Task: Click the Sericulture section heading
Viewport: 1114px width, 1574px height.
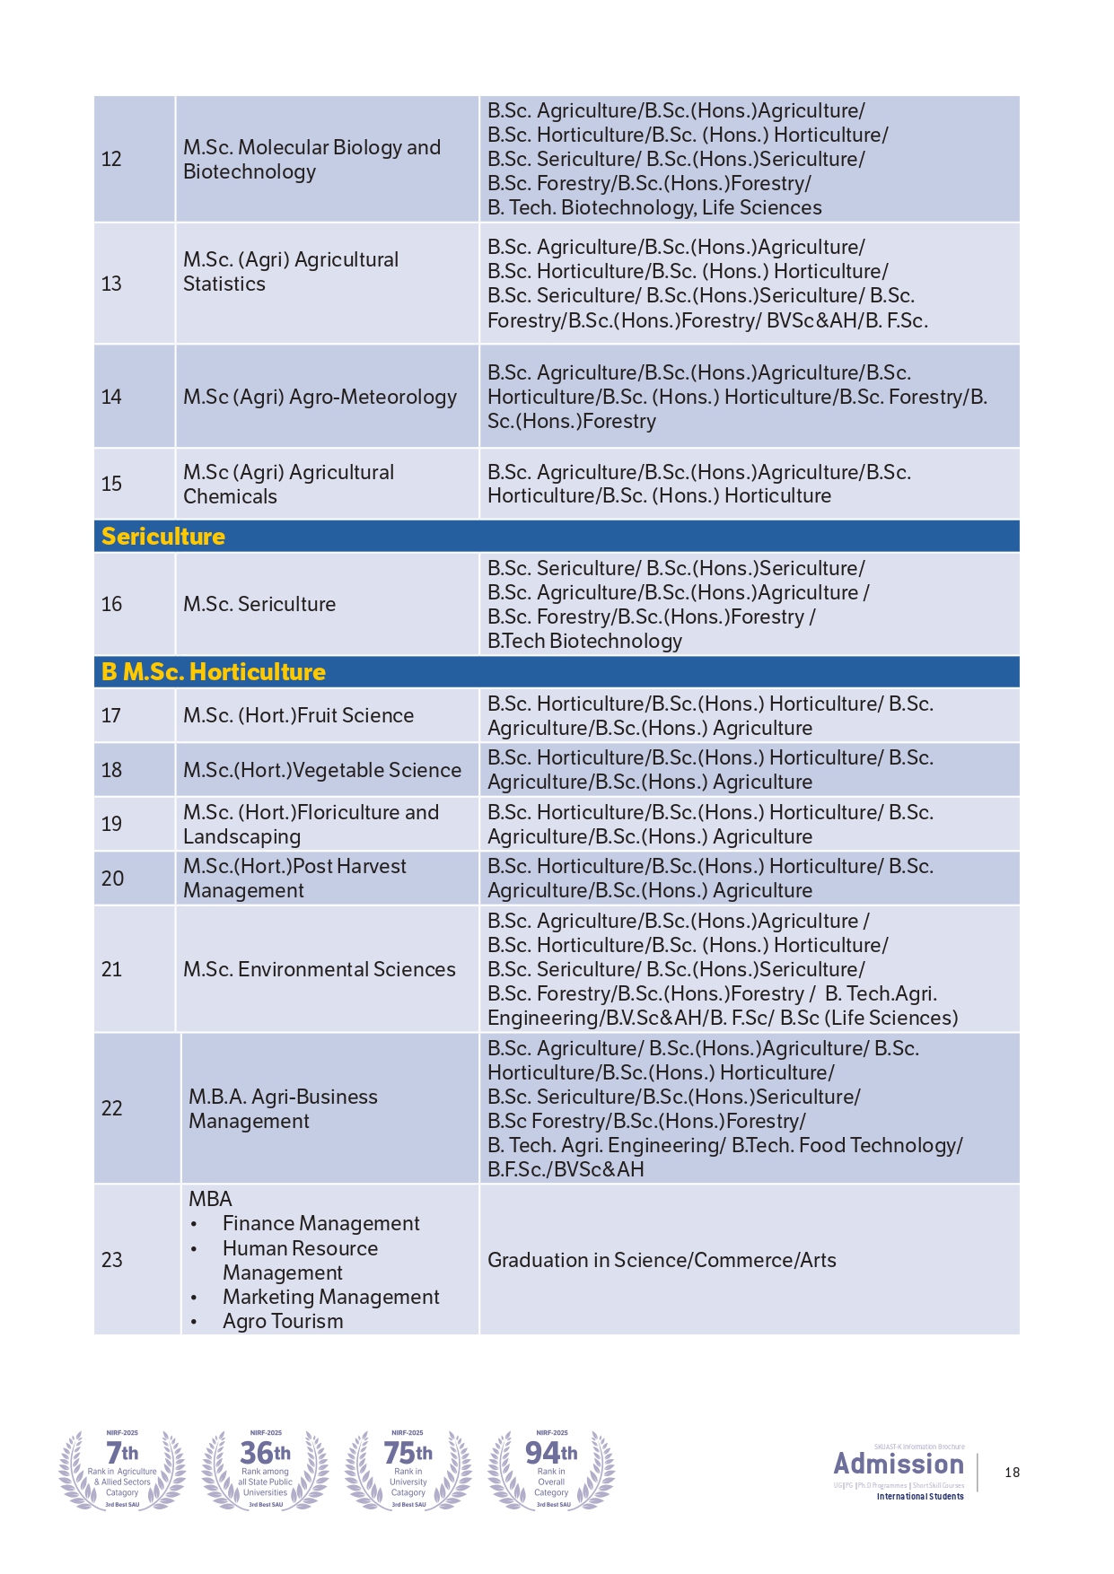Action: [x=163, y=537]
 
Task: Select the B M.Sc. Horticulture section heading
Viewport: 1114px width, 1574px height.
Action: [x=214, y=672]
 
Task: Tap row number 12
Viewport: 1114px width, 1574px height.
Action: [x=111, y=159]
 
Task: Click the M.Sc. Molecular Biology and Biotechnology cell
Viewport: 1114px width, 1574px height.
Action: [x=311, y=159]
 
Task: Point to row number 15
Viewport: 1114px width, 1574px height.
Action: [x=111, y=484]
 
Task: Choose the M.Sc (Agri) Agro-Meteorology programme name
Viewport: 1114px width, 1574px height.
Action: [x=320, y=397]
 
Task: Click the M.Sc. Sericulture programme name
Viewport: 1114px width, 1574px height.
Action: [x=259, y=604]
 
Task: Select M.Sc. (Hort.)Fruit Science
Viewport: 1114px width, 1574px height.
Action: [x=298, y=715]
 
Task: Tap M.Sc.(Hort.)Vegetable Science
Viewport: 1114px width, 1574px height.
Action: [x=322, y=770]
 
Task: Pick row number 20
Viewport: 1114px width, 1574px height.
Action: [x=112, y=879]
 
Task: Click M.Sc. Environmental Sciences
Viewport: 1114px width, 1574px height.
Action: [x=320, y=969]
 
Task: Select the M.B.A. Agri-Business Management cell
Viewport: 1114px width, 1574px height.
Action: [x=283, y=1108]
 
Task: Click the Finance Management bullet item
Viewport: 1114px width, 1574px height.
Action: [x=320, y=1223]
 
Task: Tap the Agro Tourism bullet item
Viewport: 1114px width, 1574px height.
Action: [x=283, y=1321]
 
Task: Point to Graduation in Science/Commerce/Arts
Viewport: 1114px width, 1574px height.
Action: [x=662, y=1260]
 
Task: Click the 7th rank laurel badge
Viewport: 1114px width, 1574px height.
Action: [x=122, y=1469]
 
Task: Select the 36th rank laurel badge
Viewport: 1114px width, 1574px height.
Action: [x=266, y=1469]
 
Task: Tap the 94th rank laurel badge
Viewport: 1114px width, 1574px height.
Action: [x=551, y=1469]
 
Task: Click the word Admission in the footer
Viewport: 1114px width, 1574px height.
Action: [x=899, y=1464]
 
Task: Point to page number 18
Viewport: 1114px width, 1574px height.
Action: [x=1013, y=1473]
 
